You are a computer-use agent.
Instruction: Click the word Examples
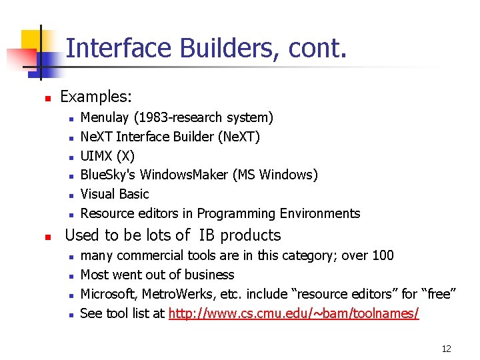(x=95, y=97)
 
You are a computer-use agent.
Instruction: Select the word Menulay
(x=105, y=118)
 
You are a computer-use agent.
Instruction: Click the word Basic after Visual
(x=134, y=194)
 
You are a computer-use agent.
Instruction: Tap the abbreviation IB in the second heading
(x=205, y=235)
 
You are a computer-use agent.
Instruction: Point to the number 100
(x=383, y=255)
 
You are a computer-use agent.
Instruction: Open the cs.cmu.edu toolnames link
(x=293, y=313)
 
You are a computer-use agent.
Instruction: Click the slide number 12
(x=446, y=348)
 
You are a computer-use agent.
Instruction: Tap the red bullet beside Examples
(x=47, y=98)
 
